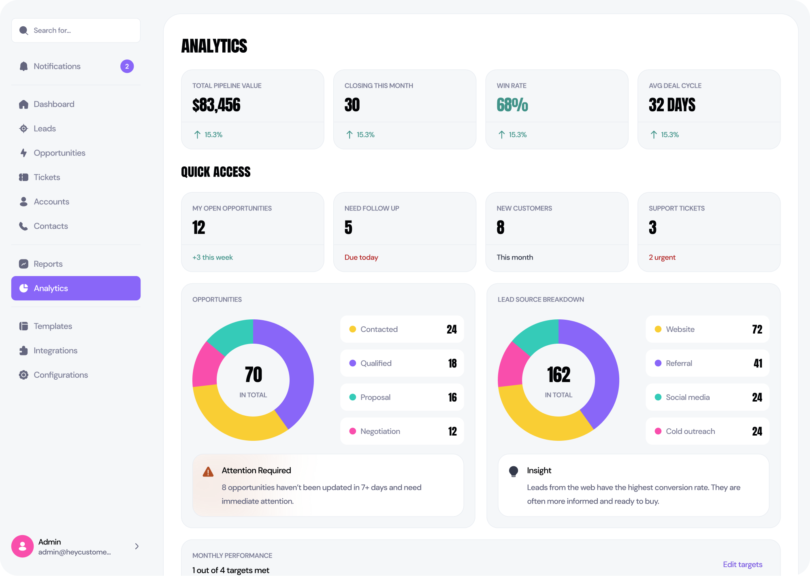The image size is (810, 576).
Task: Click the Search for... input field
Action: pos(81,30)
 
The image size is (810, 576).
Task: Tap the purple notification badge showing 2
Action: pos(127,66)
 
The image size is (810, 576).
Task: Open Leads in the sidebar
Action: pos(45,129)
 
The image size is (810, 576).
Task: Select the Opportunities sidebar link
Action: pos(59,153)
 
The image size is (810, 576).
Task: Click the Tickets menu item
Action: pos(47,177)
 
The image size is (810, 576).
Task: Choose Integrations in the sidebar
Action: pos(55,351)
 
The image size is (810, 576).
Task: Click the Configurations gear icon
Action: pos(24,375)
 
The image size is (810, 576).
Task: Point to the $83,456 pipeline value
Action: pos(216,105)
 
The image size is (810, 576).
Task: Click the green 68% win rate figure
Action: pos(512,105)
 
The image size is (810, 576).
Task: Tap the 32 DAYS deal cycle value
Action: pos(672,105)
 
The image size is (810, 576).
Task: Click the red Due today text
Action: pos(361,257)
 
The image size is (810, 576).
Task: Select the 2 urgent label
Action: pos(662,257)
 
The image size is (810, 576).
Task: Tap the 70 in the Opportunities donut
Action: pos(254,374)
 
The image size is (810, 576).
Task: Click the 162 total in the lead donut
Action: pos(558,374)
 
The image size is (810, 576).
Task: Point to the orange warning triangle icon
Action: pos(208,472)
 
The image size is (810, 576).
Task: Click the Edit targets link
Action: pos(742,564)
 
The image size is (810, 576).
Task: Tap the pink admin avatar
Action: pos(23,546)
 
